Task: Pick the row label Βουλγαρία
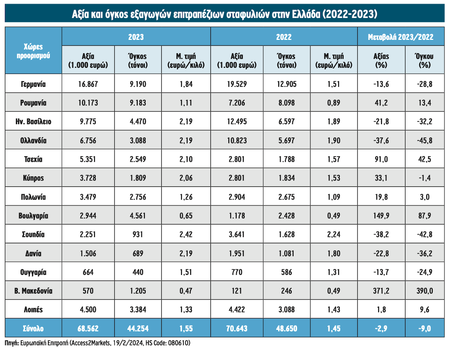pyautogui.click(x=33, y=216)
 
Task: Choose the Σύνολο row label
pyautogui.click(x=33, y=329)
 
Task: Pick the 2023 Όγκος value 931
pyautogui.click(x=136, y=235)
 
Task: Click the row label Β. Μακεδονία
pyautogui.click(x=33, y=291)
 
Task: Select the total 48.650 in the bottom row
pyautogui.click(x=286, y=329)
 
